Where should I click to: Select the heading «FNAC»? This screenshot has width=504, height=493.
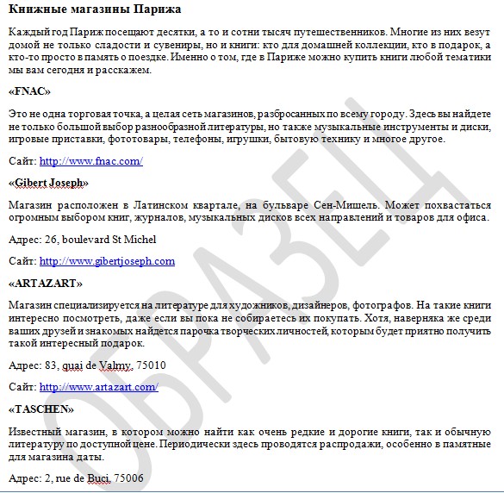(29, 90)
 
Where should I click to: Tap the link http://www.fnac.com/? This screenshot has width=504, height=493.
(90, 160)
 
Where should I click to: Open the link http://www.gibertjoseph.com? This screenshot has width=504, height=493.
(107, 260)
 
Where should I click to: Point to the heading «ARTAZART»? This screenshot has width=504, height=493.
(45, 283)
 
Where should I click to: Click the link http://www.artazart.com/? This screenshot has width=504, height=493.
(98, 387)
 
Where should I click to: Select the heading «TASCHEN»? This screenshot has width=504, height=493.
(41, 409)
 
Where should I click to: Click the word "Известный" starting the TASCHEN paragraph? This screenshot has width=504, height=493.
(34, 431)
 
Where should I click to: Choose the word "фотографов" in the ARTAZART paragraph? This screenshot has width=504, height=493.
(382, 305)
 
